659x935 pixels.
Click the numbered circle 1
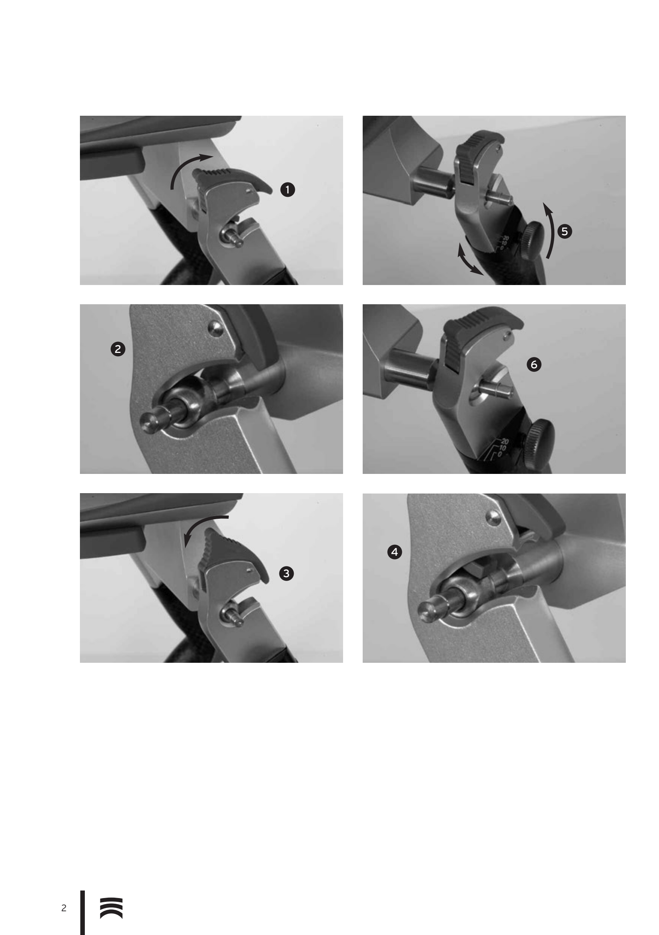pos(288,190)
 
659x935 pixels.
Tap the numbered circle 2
pos(118,349)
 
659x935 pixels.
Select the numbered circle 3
pos(286,573)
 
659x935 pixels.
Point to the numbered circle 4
pos(394,552)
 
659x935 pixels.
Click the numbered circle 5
pos(564,231)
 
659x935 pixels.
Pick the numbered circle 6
pos(534,364)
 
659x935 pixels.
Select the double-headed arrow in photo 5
pos(470,259)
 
